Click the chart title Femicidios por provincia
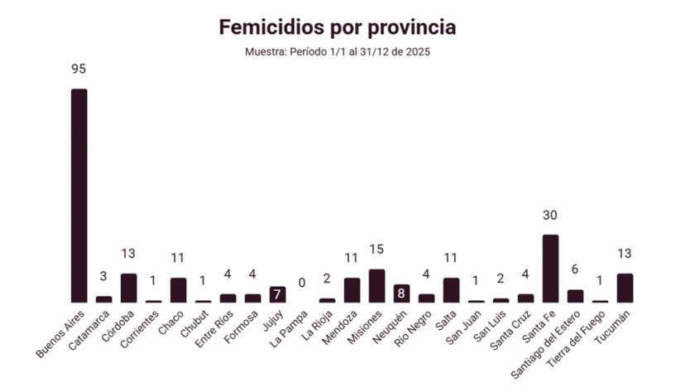pyautogui.click(x=337, y=27)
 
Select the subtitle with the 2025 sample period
pyautogui.click(x=337, y=51)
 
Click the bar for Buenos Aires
pyautogui.click(x=79, y=196)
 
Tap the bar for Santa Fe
pyautogui.click(x=550, y=269)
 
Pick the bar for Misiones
pyautogui.click(x=376, y=285)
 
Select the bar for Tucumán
pyautogui.click(x=625, y=288)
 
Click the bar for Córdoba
pyautogui.click(x=128, y=288)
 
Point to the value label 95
pyautogui.click(x=79, y=69)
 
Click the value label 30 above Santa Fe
pyautogui.click(x=550, y=215)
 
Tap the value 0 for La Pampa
pyautogui.click(x=302, y=283)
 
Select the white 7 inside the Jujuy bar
pyautogui.click(x=277, y=295)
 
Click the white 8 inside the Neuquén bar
pyautogui.click(x=401, y=293)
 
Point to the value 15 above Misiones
pyautogui.click(x=376, y=249)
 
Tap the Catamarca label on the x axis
pyautogui.click(x=89, y=332)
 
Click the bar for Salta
pyautogui.click(x=451, y=290)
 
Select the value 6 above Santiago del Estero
pyautogui.click(x=575, y=270)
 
